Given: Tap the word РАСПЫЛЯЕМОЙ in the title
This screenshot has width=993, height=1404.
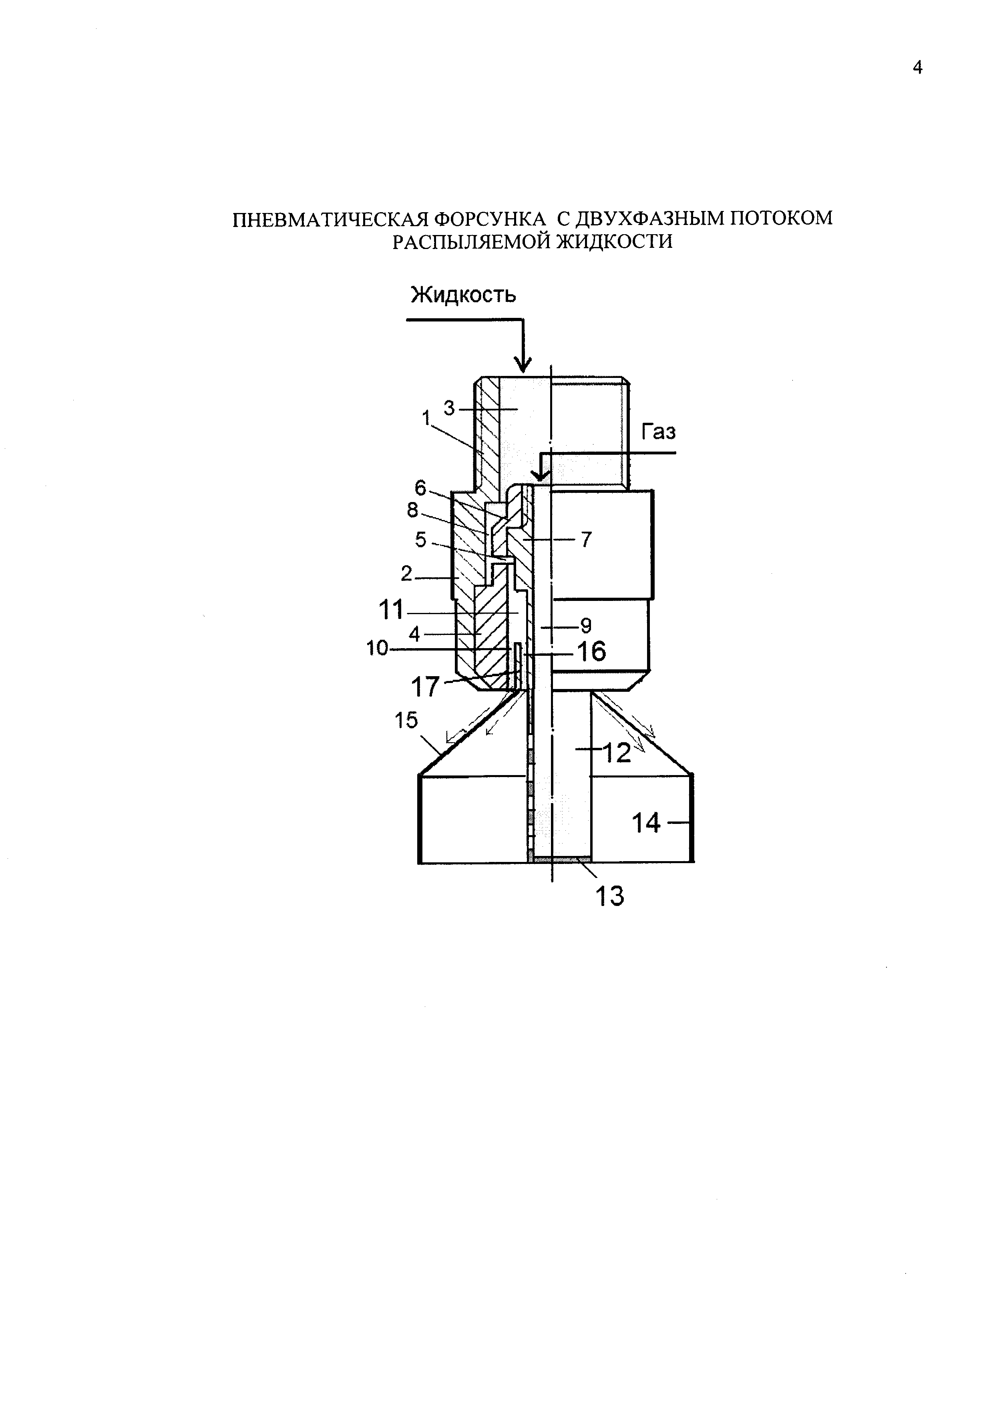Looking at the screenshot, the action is (472, 242).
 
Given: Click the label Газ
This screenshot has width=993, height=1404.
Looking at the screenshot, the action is (659, 432).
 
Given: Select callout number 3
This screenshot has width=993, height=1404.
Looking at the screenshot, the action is (449, 408).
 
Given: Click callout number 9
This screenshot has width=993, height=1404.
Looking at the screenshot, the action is (586, 626).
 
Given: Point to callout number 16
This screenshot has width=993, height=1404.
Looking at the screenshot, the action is (591, 652).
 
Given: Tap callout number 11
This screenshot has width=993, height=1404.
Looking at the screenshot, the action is (391, 610).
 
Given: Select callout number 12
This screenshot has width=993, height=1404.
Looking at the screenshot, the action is (616, 753).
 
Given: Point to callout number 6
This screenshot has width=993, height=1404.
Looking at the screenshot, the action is (421, 487).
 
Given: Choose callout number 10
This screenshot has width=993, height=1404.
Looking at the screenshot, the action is (377, 648).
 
